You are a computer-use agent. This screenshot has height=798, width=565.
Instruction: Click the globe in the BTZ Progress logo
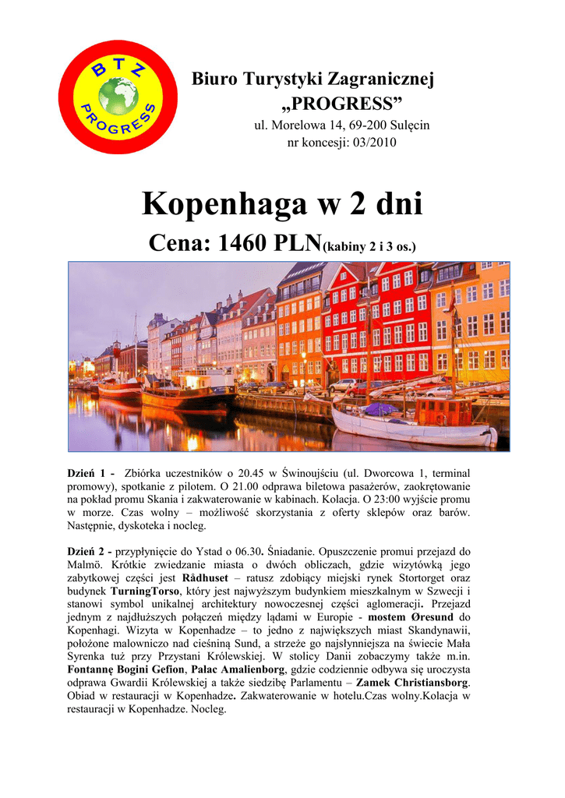point(118,97)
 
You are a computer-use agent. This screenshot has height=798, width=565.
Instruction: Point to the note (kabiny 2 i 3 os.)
point(369,247)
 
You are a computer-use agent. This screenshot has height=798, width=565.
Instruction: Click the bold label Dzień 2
point(88,551)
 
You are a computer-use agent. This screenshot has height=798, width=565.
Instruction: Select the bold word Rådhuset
point(205,579)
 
